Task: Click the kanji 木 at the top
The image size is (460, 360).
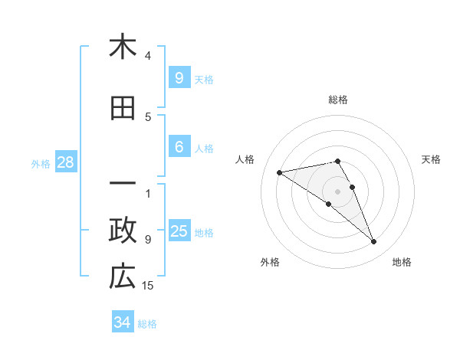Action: pyautogui.click(x=123, y=47)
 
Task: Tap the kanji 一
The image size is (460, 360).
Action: pyautogui.click(x=123, y=185)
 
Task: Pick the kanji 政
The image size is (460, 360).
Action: pyautogui.click(x=123, y=231)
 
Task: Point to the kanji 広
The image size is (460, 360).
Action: pyautogui.click(x=123, y=277)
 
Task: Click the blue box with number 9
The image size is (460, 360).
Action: pyautogui.click(x=179, y=77)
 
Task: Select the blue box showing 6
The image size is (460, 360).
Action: pyautogui.click(x=179, y=147)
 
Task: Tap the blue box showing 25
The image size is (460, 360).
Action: pyautogui.click(x=179, y=231)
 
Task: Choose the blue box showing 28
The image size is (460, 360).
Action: pyautogui.click(x=65, y=162)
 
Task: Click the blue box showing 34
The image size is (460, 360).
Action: pyautogui.click(x=123, y=322)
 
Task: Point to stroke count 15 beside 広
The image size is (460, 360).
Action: pyautogui.click(x=148, y=286)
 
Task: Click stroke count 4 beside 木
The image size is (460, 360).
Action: pyautogui.click(x=148, y=56)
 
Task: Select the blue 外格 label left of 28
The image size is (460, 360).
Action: pyautogui.click(x=41, y=163)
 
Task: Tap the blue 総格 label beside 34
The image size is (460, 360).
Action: pyautogui.click(x=147, y=323)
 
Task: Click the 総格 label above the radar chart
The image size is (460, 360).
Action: pyautogui.click(x=338, y=100)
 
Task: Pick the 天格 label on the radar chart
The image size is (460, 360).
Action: pyautogui.click(x=432, y=159)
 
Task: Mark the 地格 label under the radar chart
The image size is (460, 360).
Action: pyautogui.click(x=402, y=262)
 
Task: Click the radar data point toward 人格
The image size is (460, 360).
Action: pyautogui.click(x=280, y=172)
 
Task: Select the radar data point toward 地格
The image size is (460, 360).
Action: pyautogui.click(x=374, y=242)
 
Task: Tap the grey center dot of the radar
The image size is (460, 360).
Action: pyautogui.click(x=338, y=191)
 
